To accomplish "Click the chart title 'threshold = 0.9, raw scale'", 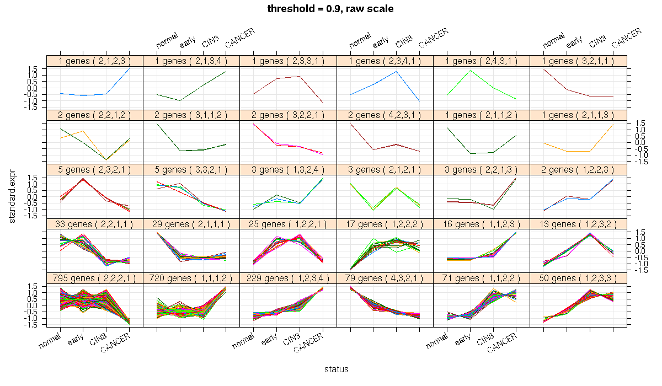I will [x=330, y=8].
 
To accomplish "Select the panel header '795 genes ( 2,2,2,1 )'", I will [x=94, y=277].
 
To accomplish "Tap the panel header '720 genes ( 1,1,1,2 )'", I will [x=191, y=277].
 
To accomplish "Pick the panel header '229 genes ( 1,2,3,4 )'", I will [x=288, y=277].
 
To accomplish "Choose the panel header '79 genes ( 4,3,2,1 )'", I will [x=385, y=277].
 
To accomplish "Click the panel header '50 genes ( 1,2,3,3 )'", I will [x=578, y=277].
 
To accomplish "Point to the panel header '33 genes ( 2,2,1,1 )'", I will [x=94, y=223].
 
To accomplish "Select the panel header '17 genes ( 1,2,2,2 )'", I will [x=385, y=223].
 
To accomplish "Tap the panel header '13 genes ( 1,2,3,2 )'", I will [x=578, y=223].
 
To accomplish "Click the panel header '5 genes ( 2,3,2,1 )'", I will [x=94, y=169].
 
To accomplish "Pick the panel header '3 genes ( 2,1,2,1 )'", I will [x=385, y=169].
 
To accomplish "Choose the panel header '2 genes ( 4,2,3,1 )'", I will [x=385, y=115].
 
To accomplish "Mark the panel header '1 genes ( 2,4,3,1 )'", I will [x=482, y=61].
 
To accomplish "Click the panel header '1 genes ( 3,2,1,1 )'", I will [x=578, y=61].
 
